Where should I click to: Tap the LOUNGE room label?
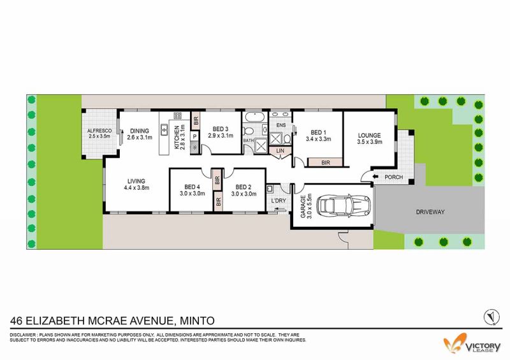(x=369, y=135)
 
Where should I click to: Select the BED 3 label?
(x=221, y=129)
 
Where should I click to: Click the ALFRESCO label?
(x=99, y=131)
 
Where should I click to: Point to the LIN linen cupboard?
(x=280, y=151)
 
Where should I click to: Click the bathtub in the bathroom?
(x=254, y=117)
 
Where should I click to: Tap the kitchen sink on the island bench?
(x=164, y=130)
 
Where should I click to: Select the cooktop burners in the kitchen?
(x=178, y=116)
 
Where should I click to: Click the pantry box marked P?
(x=195, y=136)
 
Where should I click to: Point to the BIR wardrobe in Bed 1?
(x=325, y=162)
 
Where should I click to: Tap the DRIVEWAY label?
(x=430, y=212)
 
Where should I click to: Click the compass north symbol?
(x=492, y=317)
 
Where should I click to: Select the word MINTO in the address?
(x=198, y=320)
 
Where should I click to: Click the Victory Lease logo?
(x=472, y=343)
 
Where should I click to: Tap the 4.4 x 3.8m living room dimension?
(x=136, y=187)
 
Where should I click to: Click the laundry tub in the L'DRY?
(x=270, y=189)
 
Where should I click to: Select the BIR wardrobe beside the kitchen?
(x=196, y=121)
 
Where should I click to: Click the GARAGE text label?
(x=303, y=206)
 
